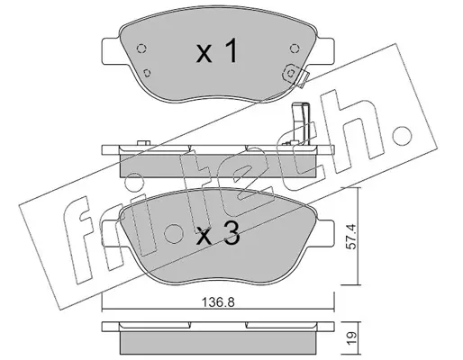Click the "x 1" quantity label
tap(217, 52)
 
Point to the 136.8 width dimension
tap(218, 302)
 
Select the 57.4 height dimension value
tap(352, 236)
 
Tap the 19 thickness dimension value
tap(352, 337)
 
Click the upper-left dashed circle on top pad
tap(141, 49)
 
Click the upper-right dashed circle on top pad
tap(295, 49)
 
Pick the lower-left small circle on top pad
tap(147, 73)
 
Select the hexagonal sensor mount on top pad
tap(291, 73)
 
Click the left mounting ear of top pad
tap(112, 51)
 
